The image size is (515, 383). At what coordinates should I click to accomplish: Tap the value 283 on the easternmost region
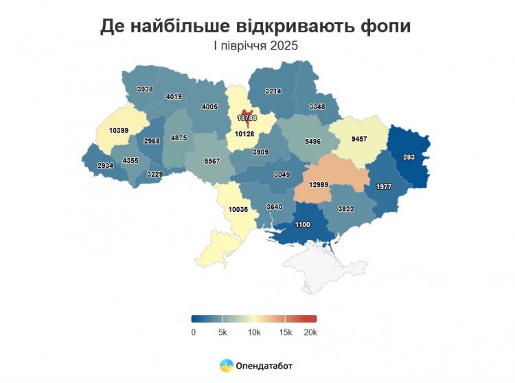[409, 157]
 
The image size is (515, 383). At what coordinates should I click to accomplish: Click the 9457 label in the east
[358, 139]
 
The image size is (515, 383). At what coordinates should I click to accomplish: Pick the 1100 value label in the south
[302, 224]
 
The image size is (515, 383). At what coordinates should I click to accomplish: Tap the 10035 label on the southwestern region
[237, 209]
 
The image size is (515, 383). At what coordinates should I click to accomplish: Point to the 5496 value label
[312, 142]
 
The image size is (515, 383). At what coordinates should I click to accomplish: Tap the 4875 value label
[179, 138]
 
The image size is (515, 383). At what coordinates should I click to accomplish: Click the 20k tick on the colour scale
[310, 333]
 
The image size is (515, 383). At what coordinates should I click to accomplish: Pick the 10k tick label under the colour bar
[253, 333]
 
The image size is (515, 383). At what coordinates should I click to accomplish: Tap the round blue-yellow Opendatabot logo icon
[226, 366]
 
